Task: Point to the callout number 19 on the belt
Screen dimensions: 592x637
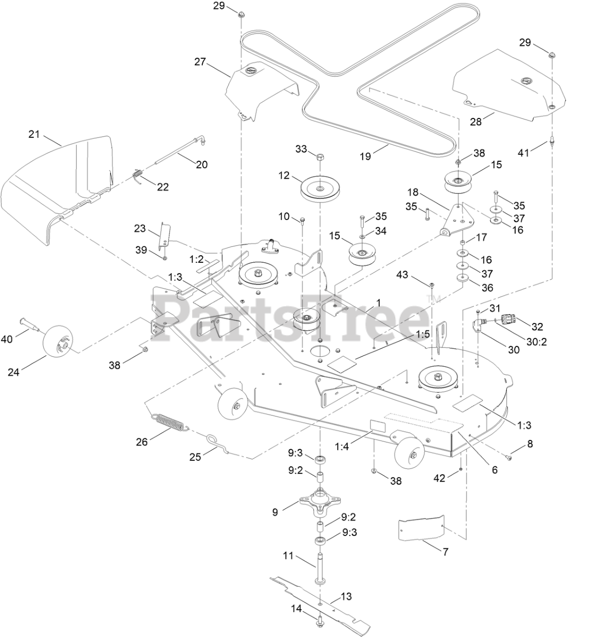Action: pos(365,156)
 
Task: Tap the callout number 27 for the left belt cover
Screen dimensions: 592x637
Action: pos(200,62)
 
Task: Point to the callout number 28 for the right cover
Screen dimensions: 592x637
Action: pos(476,121)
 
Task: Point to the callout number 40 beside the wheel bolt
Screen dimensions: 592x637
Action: pos(6,339)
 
